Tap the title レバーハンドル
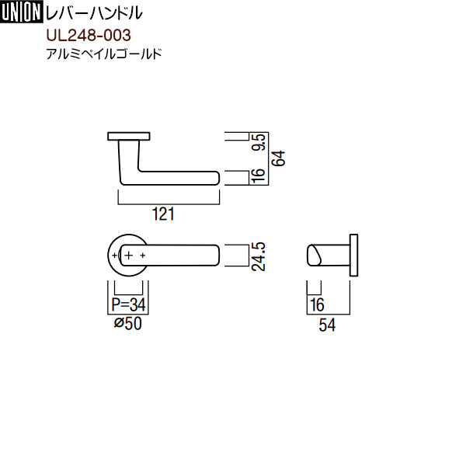(x=96, y=13)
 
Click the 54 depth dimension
(x=327, y=326)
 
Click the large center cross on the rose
(x=129, y=255)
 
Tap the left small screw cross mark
(x=115, y=255)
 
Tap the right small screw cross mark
(x=143, y=255)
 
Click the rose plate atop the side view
(x=128, y=137)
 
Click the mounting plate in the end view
(x=354, y=255)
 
